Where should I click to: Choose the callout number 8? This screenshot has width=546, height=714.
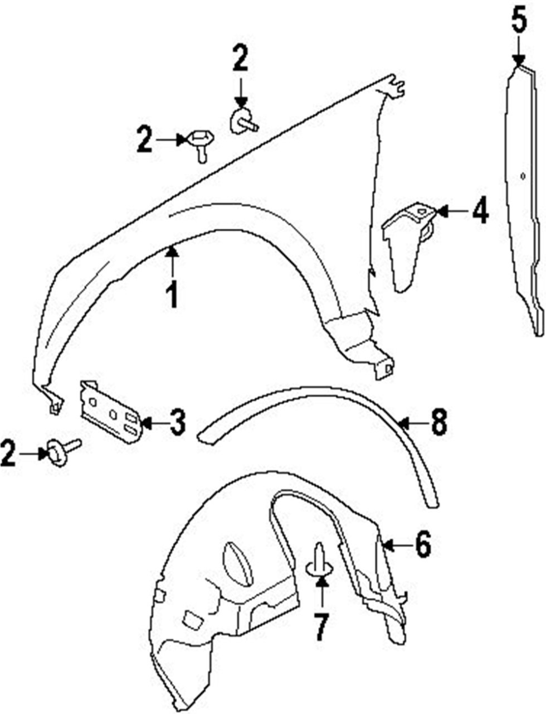click(438, 424)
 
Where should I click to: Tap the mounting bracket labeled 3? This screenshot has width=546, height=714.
click(111, 411)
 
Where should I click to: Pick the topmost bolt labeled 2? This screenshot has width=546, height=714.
click(244, 120)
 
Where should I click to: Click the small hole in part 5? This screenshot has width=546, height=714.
click(523, 176)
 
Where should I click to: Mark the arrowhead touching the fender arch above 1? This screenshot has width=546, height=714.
click(172, 253)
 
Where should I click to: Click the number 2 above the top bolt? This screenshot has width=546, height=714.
click(240, 58)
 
